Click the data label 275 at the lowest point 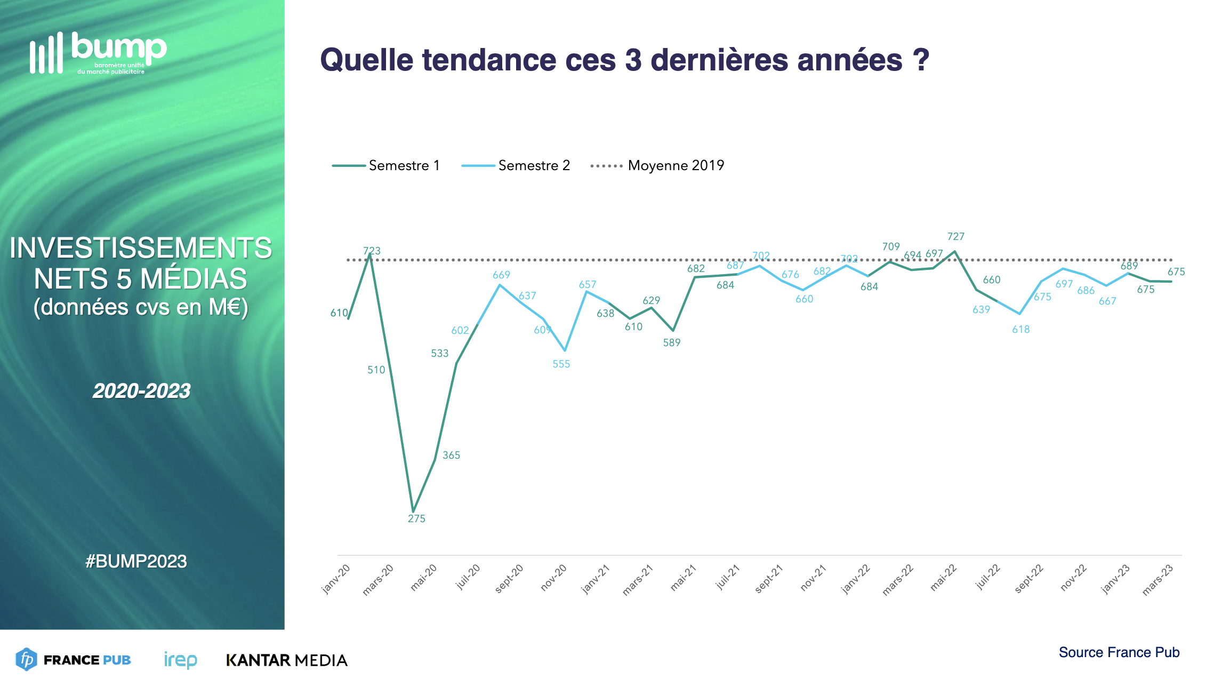416,518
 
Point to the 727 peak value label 955,236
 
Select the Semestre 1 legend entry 386,165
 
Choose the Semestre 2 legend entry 516,165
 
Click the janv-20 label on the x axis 336,579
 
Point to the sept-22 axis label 1029,579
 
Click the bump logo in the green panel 99,53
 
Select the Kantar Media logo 287,660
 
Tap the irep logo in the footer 180,660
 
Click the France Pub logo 74,660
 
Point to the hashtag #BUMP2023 136,561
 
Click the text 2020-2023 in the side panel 141,391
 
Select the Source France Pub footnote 1119,652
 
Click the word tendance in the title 489,60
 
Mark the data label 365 451,455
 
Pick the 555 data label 561,364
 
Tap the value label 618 1020,329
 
